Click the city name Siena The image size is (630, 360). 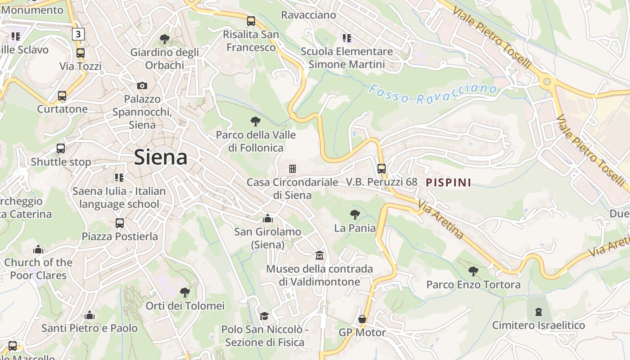click(x=161, y=157)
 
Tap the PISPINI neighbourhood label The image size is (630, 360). click(x=448, y=182)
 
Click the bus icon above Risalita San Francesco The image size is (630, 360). click(x=251, y=21)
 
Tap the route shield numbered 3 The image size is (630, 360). click(x=78, y=34)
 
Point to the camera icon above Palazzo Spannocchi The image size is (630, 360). click(x=142, y=85)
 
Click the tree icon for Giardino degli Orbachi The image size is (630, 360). click(x=164, y=39)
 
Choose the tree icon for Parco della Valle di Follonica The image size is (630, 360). click(x=255, y=121)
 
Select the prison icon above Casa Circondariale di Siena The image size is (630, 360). click(x=292, y=169)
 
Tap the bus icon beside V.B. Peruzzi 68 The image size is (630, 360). click(x=381, y=169)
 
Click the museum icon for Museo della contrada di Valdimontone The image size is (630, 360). click(x=319, y=256)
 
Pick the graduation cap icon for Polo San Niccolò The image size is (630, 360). click(x=264, y=316)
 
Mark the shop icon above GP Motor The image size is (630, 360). click(x=362, y=319)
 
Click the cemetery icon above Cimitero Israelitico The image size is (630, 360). click(x=538, y=311)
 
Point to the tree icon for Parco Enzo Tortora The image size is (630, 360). click(x=473, y=271)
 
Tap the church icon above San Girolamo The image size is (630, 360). click(x=268, y=219)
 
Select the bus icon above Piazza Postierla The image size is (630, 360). click(x=119, y=223)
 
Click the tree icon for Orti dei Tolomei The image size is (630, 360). click(x=184, y=292)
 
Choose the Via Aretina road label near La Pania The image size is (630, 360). click(x=441, y=219)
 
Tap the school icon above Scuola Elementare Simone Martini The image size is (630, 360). click(x=346, y=38)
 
